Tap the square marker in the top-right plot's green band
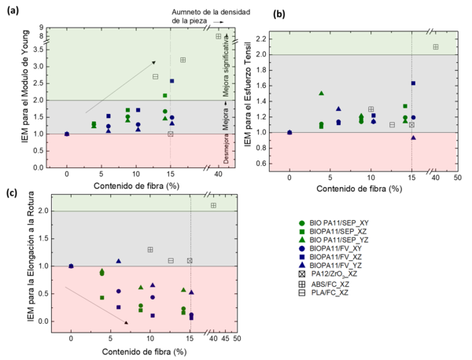(x=436, y=47)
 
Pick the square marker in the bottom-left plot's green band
(x=213, y=205)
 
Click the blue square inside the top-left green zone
(x=171, y=81)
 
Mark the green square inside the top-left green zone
(x=164, y=95)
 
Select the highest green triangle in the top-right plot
(x=321, y=93)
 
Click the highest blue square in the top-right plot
(x=413, y=83)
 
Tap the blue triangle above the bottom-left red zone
(x=118, y=260)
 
